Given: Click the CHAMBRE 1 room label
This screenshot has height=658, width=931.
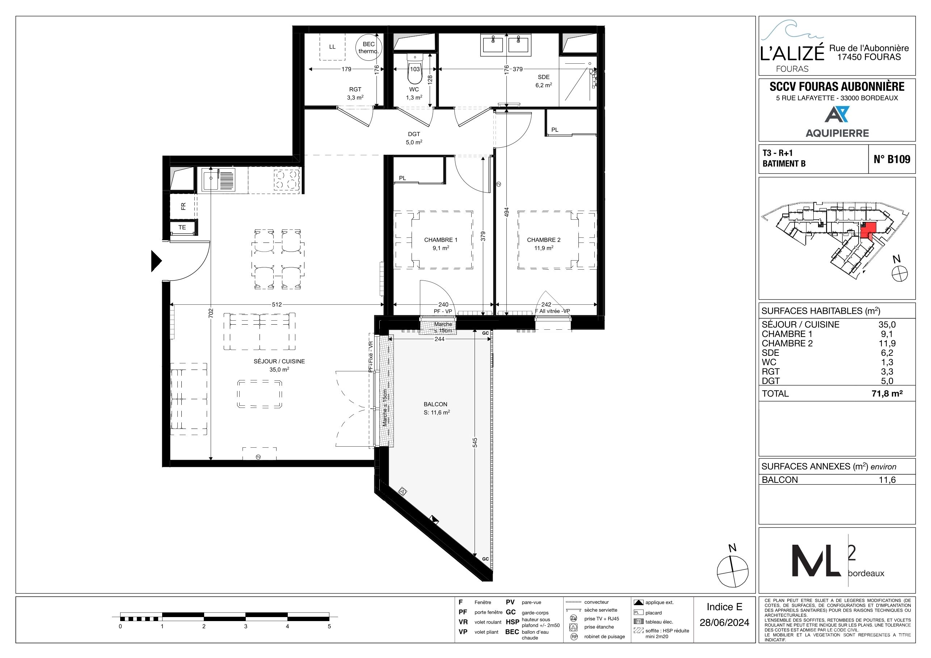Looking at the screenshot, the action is (x=441, y=240).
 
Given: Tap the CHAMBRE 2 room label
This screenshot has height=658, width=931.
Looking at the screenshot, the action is (x=543, y=240).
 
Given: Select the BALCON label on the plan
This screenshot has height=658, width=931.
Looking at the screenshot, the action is (x=435, y=404).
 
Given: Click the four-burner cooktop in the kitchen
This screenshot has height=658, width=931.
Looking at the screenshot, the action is (x=286, y=180).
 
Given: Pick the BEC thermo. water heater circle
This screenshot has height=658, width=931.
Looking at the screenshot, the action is (x=368, y=47).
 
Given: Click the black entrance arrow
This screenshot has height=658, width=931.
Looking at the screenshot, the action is (x=156, y=261).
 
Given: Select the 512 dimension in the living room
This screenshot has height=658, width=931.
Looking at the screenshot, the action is (x=277, y=304).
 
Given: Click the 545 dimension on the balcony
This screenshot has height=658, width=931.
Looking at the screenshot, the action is (x=475, y=442).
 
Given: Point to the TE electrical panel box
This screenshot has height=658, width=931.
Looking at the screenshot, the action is (x=183, y=227).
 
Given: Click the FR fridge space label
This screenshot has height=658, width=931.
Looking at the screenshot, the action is (x=183, y=206).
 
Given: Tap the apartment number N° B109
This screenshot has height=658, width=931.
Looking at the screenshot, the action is (x=892, y=159).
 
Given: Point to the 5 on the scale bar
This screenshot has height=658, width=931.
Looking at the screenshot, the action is (x=329, y=627).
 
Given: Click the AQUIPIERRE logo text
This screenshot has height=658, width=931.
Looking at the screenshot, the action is (x=837, y=133).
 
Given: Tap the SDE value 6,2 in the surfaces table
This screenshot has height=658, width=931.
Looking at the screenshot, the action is (x=887, y=353).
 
